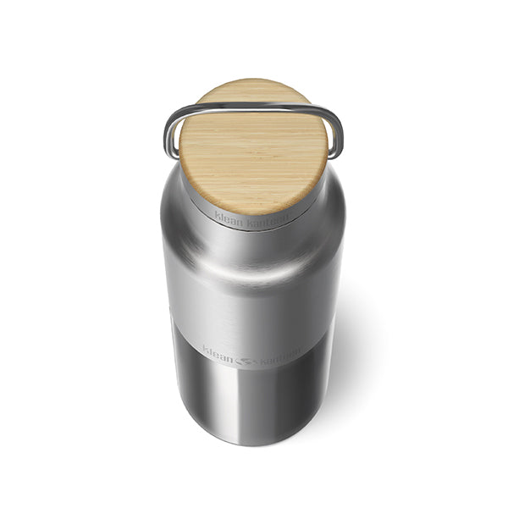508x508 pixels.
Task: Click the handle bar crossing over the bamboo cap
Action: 254,108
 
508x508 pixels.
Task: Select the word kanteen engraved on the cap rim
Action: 271,218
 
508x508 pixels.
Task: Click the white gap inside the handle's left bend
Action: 175,135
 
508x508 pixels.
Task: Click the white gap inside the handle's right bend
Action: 333,135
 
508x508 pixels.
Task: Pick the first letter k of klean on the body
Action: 205,348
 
